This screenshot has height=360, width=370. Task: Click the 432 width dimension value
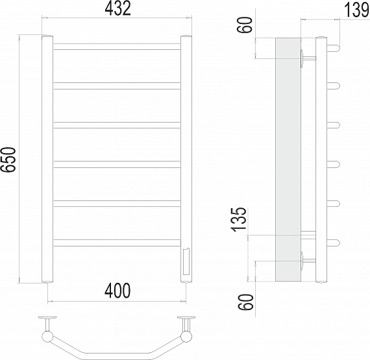coord(117,8)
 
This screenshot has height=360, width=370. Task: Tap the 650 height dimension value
coord(8,160)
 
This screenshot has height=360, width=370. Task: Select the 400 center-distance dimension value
coord(117,291)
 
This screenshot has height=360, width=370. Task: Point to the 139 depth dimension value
coord(357,10)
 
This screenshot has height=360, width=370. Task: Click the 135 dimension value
coord(240,219)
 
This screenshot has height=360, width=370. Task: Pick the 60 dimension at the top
coord(245,25)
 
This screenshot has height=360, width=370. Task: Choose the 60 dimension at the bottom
coord(246,302)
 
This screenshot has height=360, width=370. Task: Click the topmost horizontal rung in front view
coord(117,47)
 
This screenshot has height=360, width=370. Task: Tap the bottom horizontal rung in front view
coord(117,243)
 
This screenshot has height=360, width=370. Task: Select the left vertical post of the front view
coord(47,159)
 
